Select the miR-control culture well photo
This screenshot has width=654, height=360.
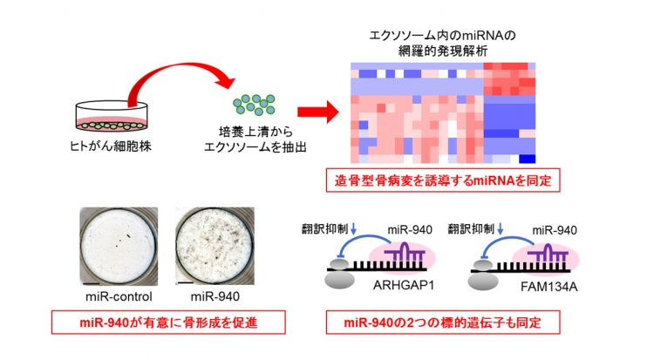(119, 246)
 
